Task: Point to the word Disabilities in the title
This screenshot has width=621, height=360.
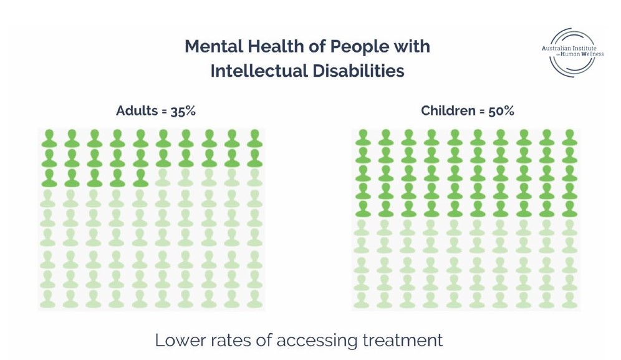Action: (359, 71)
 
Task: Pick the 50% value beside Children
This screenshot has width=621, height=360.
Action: (501, 111)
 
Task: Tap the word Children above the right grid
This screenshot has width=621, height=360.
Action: (448, 111)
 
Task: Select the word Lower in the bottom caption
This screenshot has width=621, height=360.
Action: (176, 341)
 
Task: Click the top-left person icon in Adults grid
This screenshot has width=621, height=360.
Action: (49, 139)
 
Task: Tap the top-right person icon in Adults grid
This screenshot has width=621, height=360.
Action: (254, 139)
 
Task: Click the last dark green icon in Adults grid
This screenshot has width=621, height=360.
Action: (140, 178)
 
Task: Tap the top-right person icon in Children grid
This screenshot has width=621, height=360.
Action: (568, 139)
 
